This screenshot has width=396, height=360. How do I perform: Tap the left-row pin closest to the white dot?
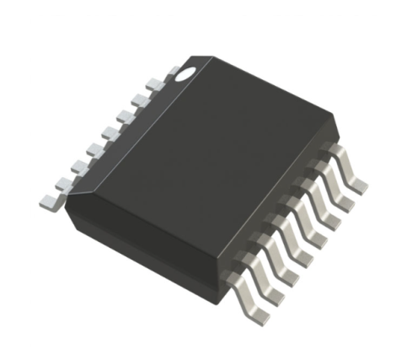[x=155, y=83]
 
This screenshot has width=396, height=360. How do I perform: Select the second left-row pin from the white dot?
[x=139, y=99]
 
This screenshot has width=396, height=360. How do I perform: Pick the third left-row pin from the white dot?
[x=124, y=116]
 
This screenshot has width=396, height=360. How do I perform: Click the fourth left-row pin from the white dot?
[x=109, y=132]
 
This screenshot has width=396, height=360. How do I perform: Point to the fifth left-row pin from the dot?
[x=94, y=149]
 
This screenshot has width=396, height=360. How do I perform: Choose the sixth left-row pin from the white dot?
[x=78, y=165]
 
